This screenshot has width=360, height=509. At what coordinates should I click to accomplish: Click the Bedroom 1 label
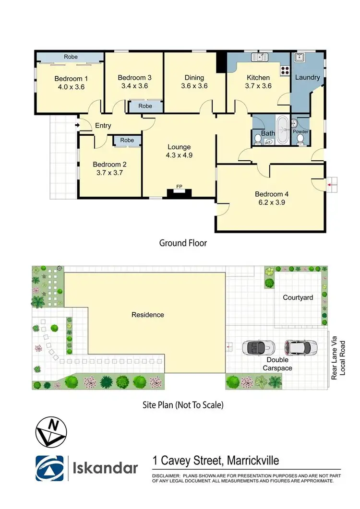(x=71, y=78)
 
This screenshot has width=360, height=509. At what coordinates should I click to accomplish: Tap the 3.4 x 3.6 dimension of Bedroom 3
(x=134, y=86)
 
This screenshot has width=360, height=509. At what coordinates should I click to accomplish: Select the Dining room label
(x=194, y=78)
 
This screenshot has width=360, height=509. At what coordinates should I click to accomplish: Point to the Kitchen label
(x=258, y=78)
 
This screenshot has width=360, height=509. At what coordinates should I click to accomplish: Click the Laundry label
(x=307, y=77)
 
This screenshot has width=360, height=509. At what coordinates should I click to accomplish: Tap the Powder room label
(x=301, y=132)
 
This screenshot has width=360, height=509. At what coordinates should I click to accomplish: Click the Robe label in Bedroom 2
(x=127, y=140)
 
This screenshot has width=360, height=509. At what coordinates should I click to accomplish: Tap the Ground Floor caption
(x=183, y=243)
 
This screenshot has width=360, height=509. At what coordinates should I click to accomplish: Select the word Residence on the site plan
(x=148, y=315)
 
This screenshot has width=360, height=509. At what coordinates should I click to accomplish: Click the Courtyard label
(x=298, y=297)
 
